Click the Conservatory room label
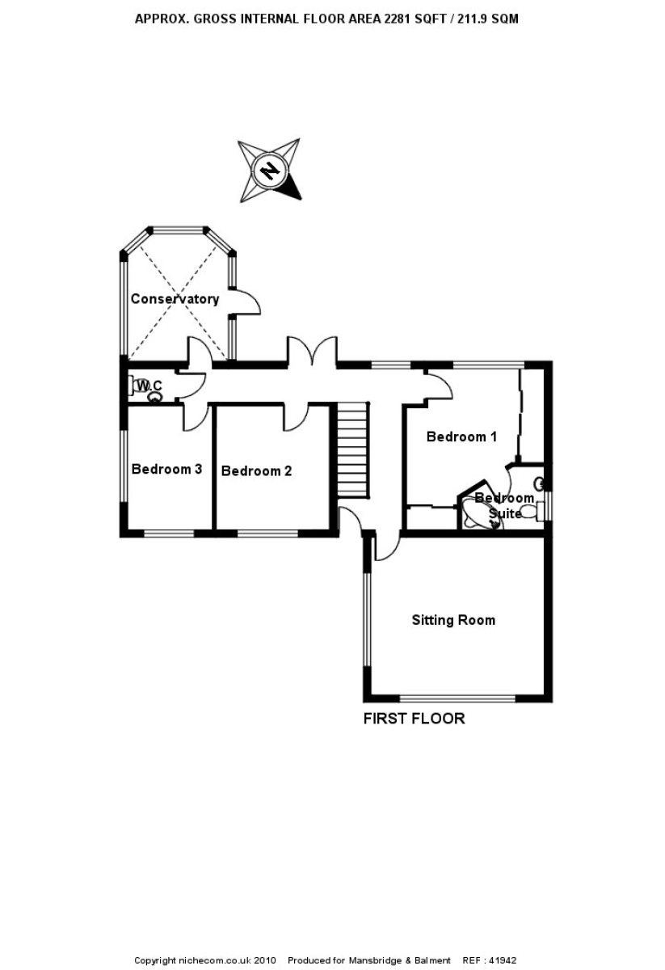pos(175,299)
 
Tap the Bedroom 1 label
pos(461,437)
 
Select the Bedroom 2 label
pos(256,471)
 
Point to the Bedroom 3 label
pos(166,469)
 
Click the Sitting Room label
pos(453,621)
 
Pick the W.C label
pos(149,387)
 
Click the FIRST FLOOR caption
pos(414,719)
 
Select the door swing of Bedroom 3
pos(194,417)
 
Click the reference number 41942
pos(501,960)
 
